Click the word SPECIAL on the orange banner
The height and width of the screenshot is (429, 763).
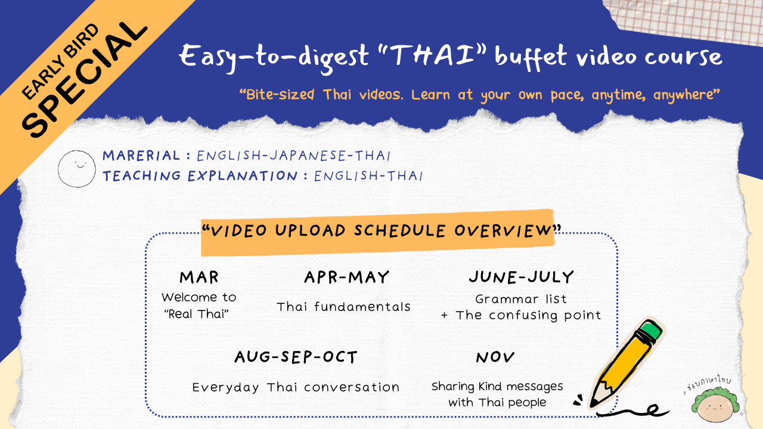coord(85,79)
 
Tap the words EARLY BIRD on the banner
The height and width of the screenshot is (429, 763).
coord(60,61)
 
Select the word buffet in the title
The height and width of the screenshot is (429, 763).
coord(531,57)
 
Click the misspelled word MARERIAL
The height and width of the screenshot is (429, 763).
coord(141,156)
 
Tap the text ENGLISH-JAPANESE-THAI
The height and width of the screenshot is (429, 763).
coord(294,156)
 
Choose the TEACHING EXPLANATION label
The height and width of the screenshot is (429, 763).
coord(200,176)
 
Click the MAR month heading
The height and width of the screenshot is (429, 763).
coord(199,277)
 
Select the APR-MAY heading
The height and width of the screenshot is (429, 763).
coord(346,277)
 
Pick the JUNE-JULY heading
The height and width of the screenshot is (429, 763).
coord(522,277)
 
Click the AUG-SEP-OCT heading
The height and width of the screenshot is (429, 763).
coord(296,357)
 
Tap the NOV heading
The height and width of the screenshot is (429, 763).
coord(495,357)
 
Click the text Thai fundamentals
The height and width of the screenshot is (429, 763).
coord(343,307)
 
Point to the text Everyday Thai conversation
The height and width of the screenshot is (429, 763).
coord(296,387)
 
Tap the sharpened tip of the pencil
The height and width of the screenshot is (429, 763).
coord(593,404)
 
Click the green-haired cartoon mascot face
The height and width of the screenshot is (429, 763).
coord(715,405)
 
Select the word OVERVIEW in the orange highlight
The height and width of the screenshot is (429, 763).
coord(503,231)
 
